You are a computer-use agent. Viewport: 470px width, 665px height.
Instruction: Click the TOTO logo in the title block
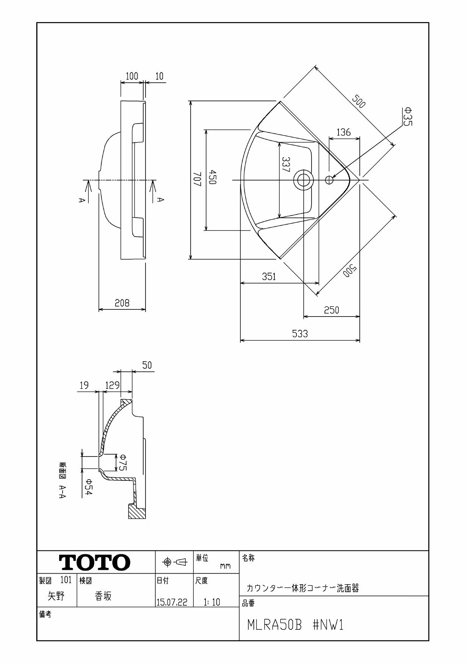point(94,562)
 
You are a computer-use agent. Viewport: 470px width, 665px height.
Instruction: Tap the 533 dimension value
point(300,334)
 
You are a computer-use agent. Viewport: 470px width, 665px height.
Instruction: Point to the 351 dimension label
point(269,276)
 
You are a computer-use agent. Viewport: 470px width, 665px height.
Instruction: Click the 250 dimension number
point(332,310)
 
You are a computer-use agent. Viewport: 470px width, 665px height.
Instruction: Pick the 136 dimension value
point(343,132)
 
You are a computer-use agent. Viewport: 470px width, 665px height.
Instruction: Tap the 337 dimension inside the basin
point(286,165)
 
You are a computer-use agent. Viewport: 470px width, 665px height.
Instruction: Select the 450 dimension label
point(212,177)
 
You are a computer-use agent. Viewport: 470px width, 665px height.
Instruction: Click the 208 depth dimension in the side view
point(122,303)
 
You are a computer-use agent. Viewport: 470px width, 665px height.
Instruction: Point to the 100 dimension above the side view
point(132,76)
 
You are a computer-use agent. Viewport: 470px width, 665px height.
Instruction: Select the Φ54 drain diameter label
point(88,486)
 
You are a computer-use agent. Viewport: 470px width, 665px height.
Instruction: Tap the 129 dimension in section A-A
point(113,386)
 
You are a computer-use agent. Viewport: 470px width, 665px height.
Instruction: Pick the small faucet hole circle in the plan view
point(329,179)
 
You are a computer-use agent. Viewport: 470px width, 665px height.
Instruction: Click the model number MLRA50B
point(274,625)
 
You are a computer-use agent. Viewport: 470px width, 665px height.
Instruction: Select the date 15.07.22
point(172,602)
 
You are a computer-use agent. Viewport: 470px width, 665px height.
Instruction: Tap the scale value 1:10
point(211,602)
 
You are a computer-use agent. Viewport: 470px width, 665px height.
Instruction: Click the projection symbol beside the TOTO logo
point(175,562)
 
